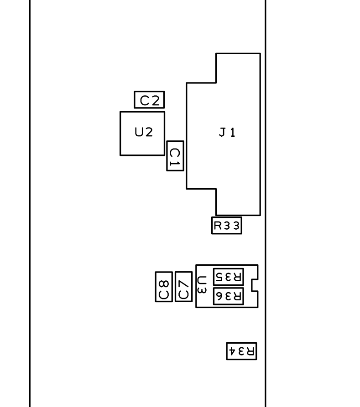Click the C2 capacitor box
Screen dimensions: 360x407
[x=149, y=91]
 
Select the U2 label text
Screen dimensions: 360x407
[x=144, y=132]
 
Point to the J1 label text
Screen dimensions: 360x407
[x=227, y=132]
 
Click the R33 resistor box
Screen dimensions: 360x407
[x=227, y=217]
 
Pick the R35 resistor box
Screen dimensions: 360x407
[x=229, y=268]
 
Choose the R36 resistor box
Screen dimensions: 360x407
[x=229, y=288]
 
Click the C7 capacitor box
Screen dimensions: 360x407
[x=184, y=272]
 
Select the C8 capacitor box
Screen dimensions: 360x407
[x=164, y=272]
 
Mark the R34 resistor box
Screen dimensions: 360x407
[x=241, y=343]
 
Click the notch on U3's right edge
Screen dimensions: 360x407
[x=252, y=285]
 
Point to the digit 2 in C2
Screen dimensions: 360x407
[x=156, y=100]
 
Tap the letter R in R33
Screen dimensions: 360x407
[x=218, y=226]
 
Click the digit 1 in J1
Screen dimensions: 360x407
[x=233, y=132]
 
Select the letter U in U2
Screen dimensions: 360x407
[x=139, y=132]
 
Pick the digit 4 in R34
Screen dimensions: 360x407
[x=232, y=351]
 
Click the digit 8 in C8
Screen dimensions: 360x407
[x=164, y=284]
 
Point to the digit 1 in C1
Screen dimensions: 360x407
[x=175, y=164]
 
